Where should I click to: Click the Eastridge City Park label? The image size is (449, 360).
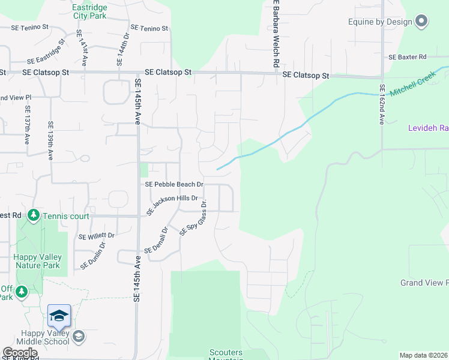(x=89, y=11)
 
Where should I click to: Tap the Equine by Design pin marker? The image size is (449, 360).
(x=421, y=22)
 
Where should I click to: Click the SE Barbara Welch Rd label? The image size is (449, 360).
(x=276, y=33)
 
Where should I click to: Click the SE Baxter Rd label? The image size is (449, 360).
(x=407, y=57)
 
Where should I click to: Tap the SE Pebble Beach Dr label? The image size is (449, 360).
(x=174, y=184)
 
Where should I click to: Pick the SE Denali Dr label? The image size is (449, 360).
(x=156, y=239)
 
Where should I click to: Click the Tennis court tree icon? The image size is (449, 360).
(x=34, y=215)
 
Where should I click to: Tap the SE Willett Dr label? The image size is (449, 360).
(x=96, y=236)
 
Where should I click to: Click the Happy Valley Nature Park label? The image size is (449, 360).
(x=37, y=261)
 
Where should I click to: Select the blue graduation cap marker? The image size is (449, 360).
(x=59, y=316)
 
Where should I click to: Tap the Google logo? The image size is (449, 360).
(x=19, y=353)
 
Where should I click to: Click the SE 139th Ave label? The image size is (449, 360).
(x=50, y=142)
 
